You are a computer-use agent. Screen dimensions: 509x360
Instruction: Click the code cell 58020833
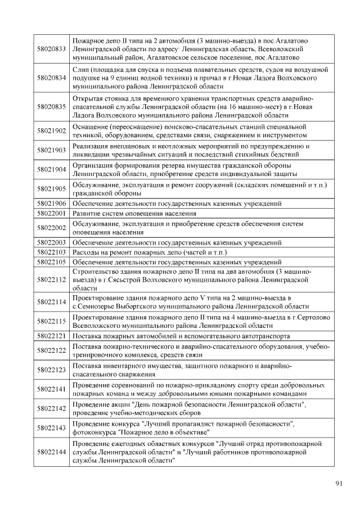(51, 49)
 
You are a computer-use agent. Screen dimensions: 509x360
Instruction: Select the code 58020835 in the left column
(51, 106)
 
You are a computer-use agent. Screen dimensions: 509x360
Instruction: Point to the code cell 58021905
(51, 188)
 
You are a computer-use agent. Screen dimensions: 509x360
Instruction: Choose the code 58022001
(51, 214)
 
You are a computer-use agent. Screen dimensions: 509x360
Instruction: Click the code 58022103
(51, 252)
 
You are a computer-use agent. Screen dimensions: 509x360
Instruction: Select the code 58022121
(51, 336)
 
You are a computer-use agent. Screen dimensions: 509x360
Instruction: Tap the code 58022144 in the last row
(51, 452)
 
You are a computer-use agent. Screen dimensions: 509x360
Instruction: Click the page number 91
(339, 482)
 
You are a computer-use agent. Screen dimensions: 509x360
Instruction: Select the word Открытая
(88, 98)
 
